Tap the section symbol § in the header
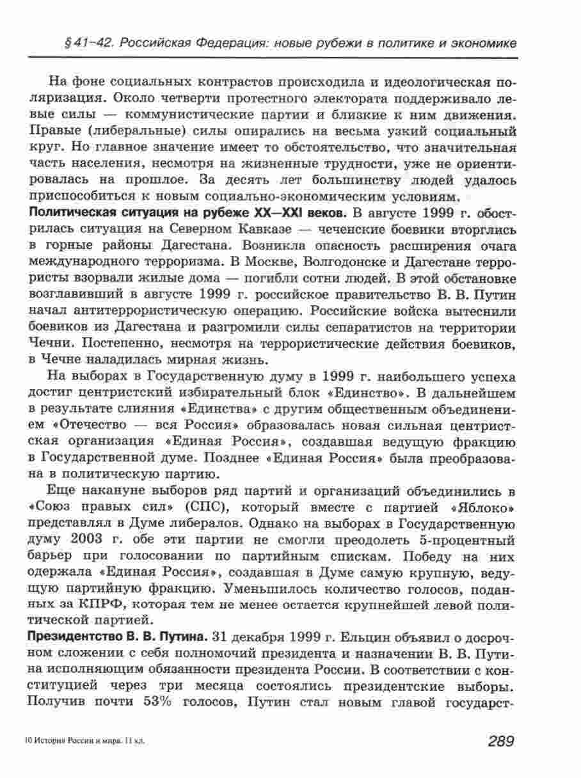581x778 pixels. coord(67,43)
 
